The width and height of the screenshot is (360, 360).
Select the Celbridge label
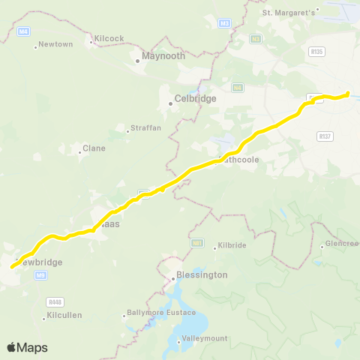click(x=194, y=98)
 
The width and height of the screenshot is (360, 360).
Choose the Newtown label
click(x=55, y=44)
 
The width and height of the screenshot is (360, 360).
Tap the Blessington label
click(x=202, y=274)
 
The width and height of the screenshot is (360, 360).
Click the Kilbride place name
click(x=230, y=246)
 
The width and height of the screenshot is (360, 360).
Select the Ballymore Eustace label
click(x=160, y=312)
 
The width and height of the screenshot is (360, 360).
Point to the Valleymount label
click(x=204, y=339)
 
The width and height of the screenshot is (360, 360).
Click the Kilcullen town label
click(x=64, y=315)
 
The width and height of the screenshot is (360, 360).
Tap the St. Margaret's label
click(x=289, y=12)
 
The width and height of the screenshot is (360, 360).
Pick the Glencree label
click(x=342, y=244)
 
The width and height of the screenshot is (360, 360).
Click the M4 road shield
click(x=23, y=31)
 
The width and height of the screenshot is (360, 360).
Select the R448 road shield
click(x=53, y=301)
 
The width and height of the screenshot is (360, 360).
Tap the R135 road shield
click(x=316, y=51)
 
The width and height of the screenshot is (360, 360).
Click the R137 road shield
click(x=325, y=136)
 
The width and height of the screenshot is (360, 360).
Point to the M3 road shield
click(x=224, y=24)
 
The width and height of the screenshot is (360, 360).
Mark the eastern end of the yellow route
click(x=348, y=93)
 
